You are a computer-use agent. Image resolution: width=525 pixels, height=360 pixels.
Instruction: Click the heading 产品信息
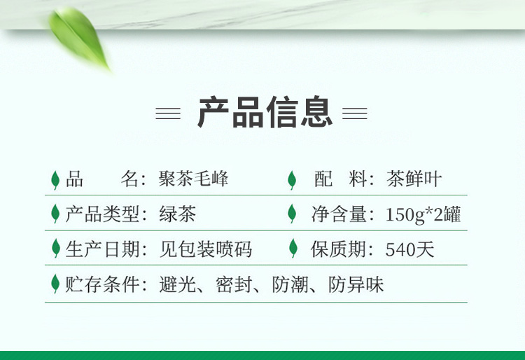point(265,112)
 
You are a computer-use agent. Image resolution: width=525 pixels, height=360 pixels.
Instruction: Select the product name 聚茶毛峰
point(193,178)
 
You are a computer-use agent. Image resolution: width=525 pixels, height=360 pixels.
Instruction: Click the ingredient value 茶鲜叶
point(414,179)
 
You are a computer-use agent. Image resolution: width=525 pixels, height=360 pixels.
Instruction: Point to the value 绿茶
point(178,214)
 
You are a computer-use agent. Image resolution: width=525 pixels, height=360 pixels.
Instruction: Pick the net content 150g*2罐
point(423,214)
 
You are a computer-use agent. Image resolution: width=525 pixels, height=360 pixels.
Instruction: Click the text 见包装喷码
point(205,249)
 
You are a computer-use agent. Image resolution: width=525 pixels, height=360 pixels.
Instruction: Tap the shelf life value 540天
point(409,249)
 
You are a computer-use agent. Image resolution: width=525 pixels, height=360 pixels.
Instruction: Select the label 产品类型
point(102,214)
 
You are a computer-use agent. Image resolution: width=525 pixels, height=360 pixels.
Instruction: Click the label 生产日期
point(102,249)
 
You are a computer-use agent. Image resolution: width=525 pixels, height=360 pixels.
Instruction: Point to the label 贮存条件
point(102,284)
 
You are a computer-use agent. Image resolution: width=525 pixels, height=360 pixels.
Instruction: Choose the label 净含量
point(339,214)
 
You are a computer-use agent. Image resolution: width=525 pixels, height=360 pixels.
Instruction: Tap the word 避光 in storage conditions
point(178,284)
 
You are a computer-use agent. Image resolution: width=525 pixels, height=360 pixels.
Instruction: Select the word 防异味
point(356,284)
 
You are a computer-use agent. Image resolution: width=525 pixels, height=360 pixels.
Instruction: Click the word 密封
point(234,284)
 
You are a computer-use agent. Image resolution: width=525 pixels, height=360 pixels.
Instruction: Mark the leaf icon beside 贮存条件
point(55,284)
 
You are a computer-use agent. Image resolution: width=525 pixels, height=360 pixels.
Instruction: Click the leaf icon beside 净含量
point(292,214)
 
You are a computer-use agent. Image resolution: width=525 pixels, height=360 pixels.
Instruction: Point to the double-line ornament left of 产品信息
point(168,113)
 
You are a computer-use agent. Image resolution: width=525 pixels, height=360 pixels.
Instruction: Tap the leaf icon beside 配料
point(292,180)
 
